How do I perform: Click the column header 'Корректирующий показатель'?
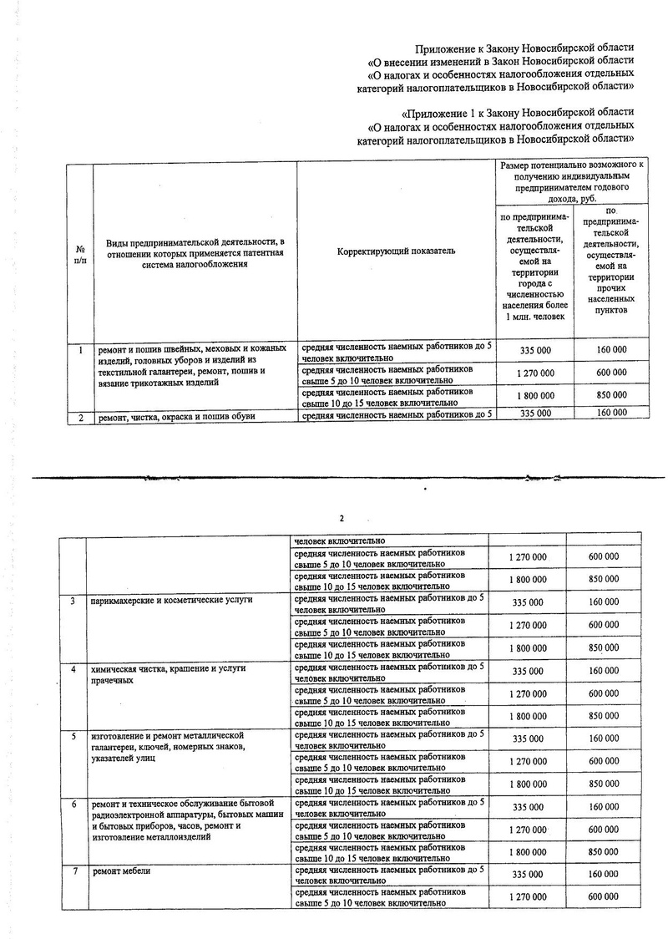coord(397,251)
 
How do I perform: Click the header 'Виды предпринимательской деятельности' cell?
coord(195,252)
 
